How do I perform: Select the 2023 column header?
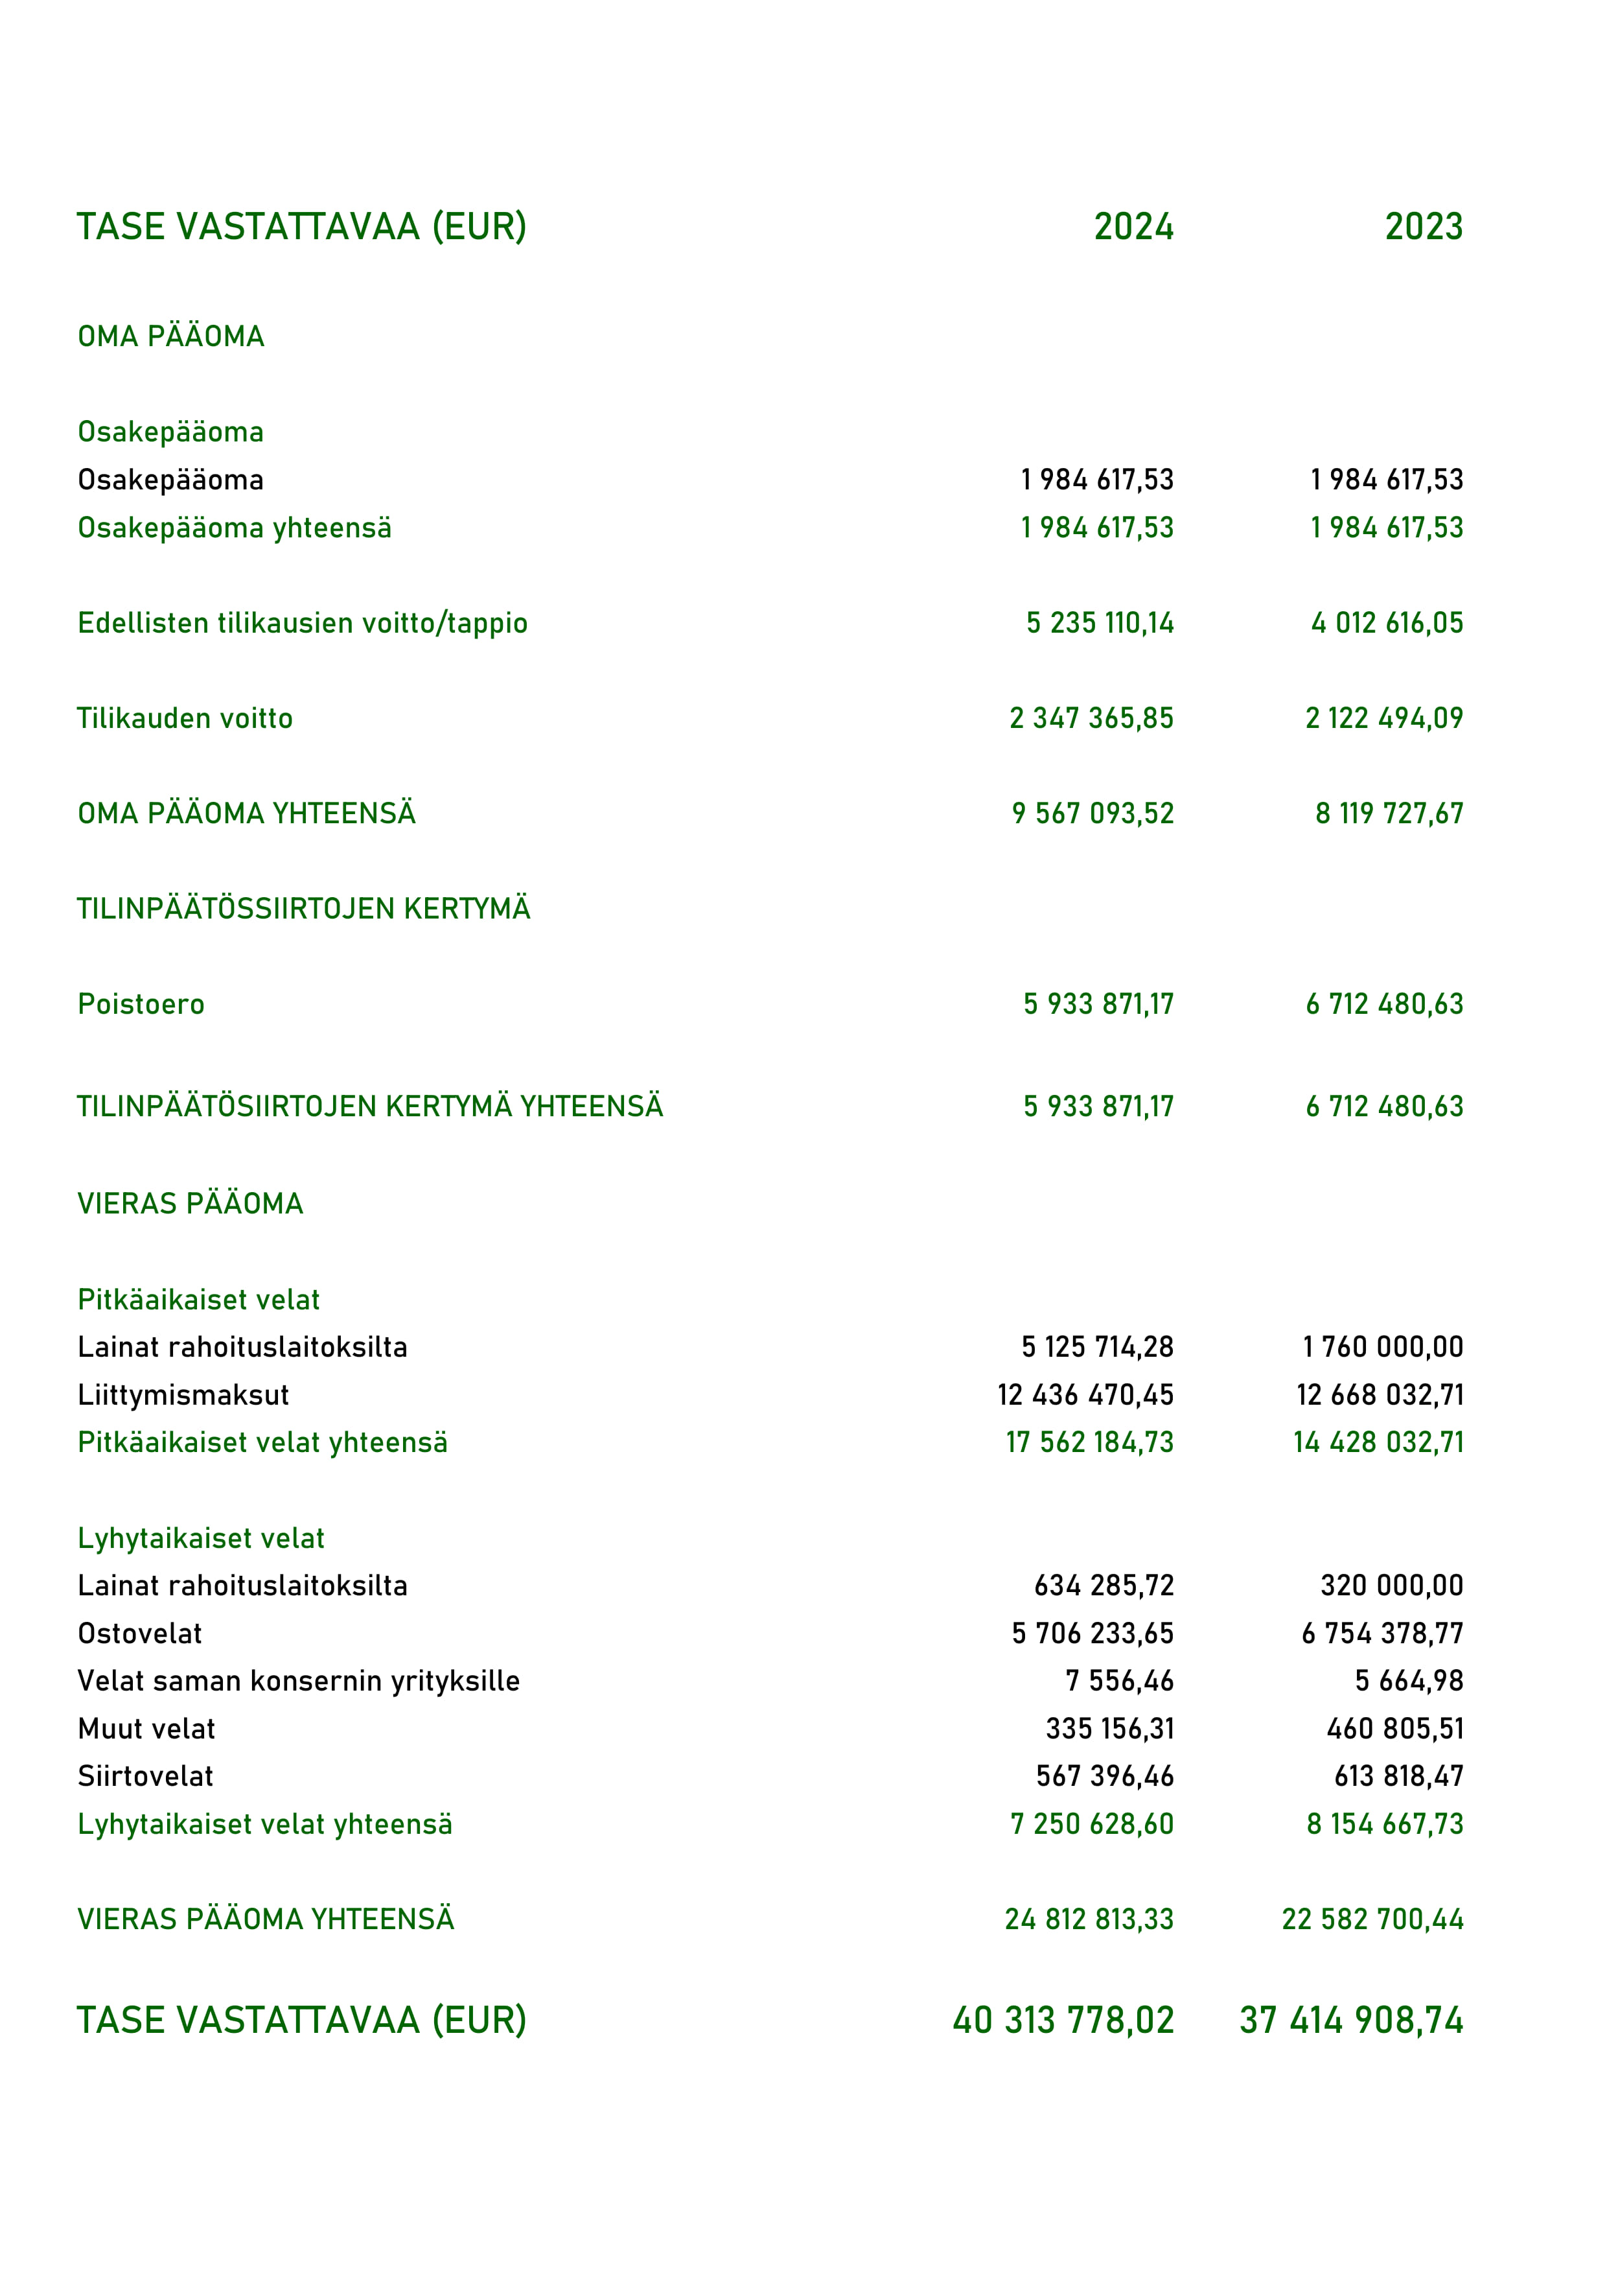(x=1423, y=227)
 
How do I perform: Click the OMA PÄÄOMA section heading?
(x=170, y=336)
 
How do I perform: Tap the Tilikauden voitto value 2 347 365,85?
(x=1091, y=718)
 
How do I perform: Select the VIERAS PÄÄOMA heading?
(x=190, y=1203)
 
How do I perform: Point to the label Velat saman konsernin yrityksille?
(x=298, y=1681)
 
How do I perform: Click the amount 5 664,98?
(x=1408, y=1681)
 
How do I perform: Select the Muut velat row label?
(x=146, y=1728)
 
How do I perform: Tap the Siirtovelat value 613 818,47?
(x=1398, y=1776)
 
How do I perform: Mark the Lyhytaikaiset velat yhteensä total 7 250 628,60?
(x=1091, y=1823)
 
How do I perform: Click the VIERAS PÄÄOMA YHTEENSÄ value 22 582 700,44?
(x=1372, y=1919)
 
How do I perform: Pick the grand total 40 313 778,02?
(x=1063, y=2021)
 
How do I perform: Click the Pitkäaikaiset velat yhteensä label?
(x=262, y=1443)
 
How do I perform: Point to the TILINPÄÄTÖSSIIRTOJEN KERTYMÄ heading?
(x=303, y=909)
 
